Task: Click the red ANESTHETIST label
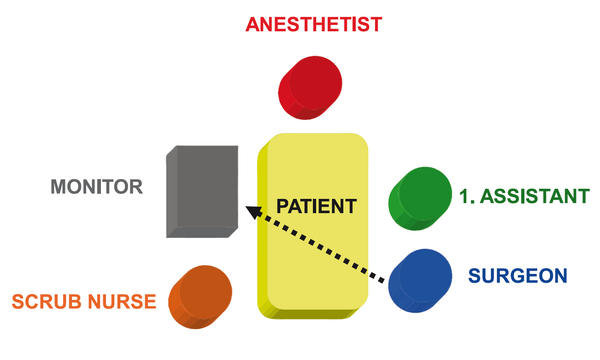(314, 24)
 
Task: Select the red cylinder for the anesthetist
(310, 88)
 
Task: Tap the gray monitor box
(202, 191)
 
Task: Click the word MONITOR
(97, 187)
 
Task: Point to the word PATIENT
(316, 206)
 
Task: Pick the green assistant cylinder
(420, 199)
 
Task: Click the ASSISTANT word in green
(535, 196)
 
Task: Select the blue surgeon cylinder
(420, 281)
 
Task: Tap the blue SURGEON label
(518, 276)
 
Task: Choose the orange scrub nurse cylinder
(200, 297)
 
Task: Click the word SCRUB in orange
(47, 301)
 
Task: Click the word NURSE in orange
(122, 301)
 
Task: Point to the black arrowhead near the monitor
(253, 212)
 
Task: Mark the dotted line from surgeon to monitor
(315, 244)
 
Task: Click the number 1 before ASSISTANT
(464, 196)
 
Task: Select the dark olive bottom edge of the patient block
(314, 314)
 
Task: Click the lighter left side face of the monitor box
(172, 191)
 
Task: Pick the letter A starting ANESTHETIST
(254, 24)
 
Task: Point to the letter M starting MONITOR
(59, 187)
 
